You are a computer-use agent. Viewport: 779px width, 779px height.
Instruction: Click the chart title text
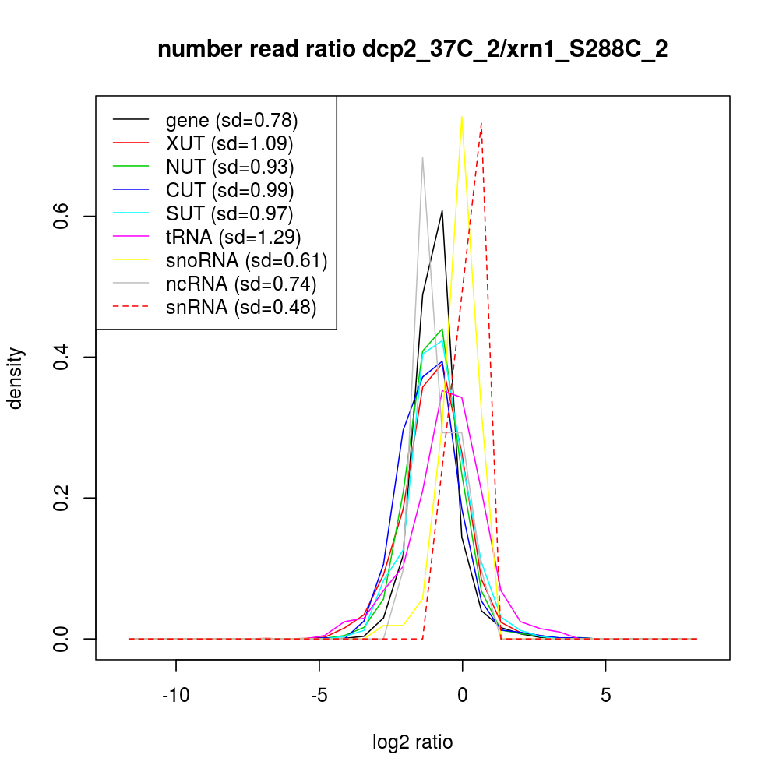[x=412, y=50]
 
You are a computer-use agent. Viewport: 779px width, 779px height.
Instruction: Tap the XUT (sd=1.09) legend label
[x=229, y=143]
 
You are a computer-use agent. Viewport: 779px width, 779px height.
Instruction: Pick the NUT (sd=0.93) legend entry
[x=230, y=167]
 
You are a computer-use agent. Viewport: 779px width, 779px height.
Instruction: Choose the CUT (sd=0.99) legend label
[x=230, y=190]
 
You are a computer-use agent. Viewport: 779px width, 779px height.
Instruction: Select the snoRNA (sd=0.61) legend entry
[x=246, y=260]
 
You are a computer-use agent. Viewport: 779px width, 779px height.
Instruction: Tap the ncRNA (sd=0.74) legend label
[x=241, y=284]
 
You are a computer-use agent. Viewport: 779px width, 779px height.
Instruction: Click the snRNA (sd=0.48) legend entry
[x=241, y=307]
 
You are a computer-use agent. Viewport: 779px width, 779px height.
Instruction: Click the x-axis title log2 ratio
[x=412, y=742]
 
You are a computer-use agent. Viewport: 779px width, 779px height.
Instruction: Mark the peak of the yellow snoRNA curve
[x=462, y=117]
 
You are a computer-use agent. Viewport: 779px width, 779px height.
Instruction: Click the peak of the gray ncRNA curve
[x=422, y=158]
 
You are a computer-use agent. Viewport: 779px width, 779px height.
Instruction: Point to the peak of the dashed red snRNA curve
[x=481, y=123]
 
